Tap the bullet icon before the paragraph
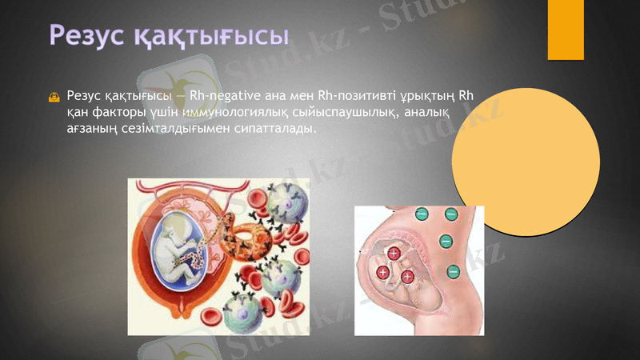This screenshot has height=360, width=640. (54, 98)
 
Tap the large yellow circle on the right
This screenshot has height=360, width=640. (526, 161)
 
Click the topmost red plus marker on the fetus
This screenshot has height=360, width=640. (394, 254)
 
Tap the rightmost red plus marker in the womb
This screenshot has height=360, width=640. (407, 277)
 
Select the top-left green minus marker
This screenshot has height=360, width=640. (422, 214)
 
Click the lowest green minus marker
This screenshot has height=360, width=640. (453, 272)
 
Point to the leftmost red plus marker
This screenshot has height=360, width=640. (383, 274)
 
